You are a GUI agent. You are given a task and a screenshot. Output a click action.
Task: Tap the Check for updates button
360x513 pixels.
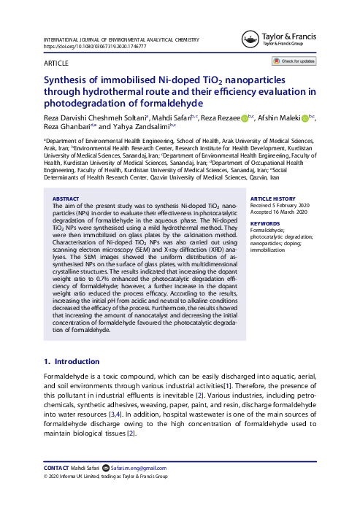(x=294, y=62)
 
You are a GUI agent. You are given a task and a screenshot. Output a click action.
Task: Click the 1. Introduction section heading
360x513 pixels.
(x=72, y=360)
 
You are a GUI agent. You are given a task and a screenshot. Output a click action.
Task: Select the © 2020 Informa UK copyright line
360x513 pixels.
(x=105, y=477)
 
